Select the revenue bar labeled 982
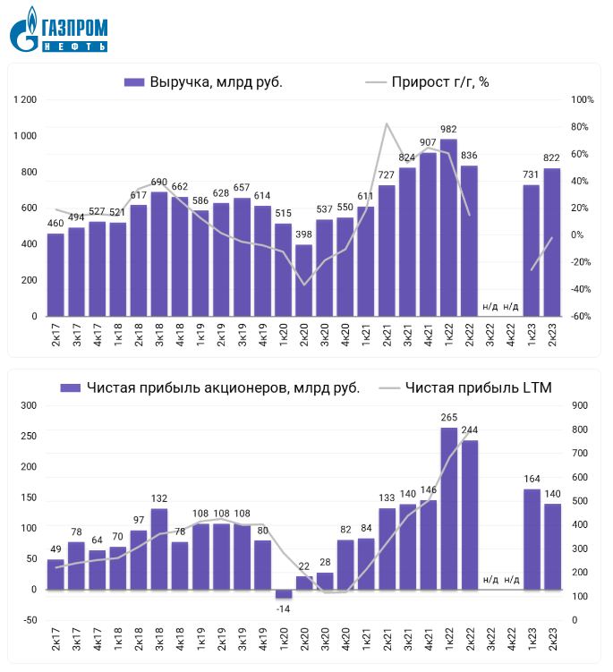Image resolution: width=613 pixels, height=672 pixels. (448, 228)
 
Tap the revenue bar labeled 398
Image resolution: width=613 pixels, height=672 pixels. (304, 280)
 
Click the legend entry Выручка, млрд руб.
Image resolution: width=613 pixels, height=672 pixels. (204, 82)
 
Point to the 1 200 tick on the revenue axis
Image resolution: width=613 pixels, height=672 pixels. (25, 99)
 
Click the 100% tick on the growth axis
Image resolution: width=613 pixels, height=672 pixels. (582, 99)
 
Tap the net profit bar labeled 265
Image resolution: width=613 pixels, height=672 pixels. (448, 508)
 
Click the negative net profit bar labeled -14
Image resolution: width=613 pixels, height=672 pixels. (284, 594)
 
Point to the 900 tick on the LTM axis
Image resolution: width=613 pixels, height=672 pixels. (581, 406)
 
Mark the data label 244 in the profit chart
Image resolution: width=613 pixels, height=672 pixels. (470, 430)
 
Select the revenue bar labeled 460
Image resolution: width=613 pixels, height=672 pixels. (55, 275)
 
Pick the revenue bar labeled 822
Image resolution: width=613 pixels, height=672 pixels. (552, 242)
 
